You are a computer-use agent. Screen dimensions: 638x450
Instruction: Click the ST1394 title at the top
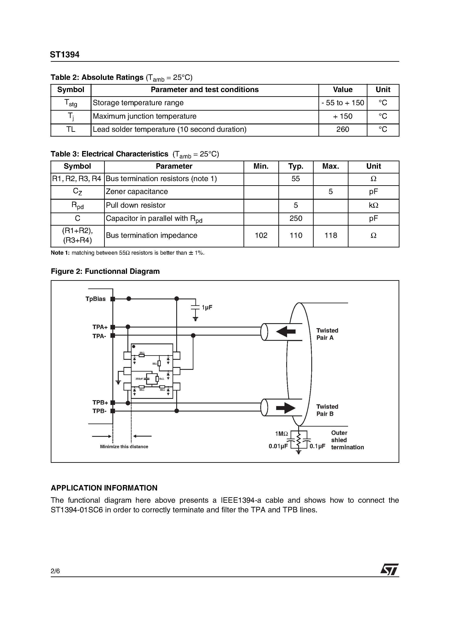point(65,55)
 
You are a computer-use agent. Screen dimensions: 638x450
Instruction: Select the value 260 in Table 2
point(343,129)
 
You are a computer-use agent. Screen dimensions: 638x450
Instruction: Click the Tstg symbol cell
point(71,103)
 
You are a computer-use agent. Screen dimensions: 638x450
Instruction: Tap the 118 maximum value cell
point(331,236)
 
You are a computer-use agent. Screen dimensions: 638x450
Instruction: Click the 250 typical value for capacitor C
point(296,218)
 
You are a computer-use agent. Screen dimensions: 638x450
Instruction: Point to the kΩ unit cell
point(373,205)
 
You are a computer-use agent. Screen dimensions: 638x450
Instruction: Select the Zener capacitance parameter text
point(137,192)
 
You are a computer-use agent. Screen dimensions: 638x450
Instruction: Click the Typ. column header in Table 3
point(296,166)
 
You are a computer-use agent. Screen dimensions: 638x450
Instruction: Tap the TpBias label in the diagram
point(95,299)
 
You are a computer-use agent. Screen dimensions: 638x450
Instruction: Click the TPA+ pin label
point(100,327)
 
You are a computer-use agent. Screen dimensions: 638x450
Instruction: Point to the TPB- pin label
point(99,411)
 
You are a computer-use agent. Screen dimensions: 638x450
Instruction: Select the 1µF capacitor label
point(207,307)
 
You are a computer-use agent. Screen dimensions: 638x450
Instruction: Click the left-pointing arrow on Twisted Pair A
point(286,331)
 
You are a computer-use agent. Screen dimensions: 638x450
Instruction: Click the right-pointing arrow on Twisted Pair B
point(286,408)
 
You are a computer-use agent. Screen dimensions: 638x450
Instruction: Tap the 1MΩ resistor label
point(281,434)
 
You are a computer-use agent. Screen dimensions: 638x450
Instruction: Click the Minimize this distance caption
point(124,447)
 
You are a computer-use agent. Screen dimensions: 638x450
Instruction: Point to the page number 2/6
point(55,571)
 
